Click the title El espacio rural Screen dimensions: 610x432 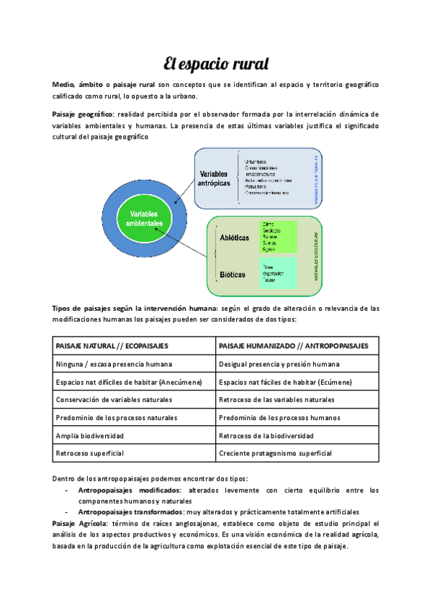click(x=216, y=64)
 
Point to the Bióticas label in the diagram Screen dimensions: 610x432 click(x=232, y=274)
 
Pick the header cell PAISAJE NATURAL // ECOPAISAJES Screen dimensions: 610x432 click(x=108, y=346)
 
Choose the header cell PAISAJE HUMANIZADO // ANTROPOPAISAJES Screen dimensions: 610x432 click(x=293, y=346)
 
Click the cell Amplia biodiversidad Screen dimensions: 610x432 click(x=90, y=436)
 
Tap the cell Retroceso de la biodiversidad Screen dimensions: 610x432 click(x=266, y=436)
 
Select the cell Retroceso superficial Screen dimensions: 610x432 click(x=90, y=454)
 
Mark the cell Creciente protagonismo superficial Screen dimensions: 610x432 click(x=275, y=454)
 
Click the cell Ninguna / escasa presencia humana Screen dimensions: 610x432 click(x=114, y=364)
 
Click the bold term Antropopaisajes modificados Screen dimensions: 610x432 click(x=130, y=491)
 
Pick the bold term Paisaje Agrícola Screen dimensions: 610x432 click(x=79, y=524)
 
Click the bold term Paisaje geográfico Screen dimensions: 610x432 click(x=82, y=114)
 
